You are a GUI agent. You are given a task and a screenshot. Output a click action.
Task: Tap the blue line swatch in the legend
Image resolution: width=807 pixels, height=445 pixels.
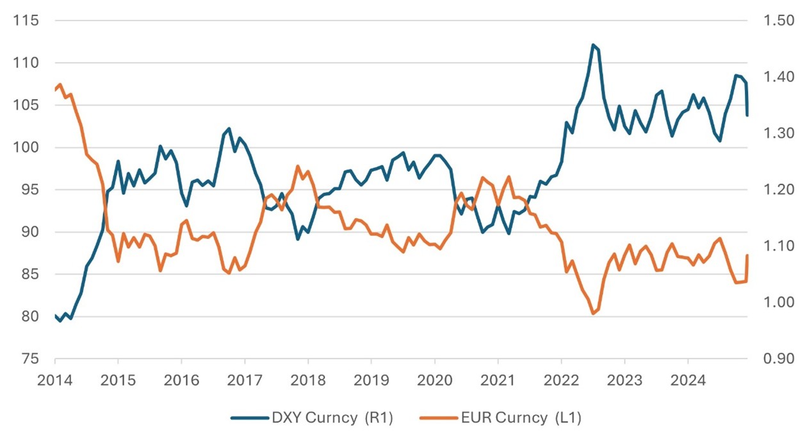click(x=249, y=418)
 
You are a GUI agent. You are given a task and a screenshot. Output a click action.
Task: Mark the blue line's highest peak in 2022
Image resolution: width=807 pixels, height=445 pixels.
click(x=593, y=45)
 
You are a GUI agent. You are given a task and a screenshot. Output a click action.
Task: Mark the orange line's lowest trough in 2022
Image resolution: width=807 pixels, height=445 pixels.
click(x=593, y=314)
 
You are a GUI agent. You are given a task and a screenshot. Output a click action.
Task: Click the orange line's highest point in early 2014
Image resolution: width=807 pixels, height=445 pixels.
click(x=60, y=85)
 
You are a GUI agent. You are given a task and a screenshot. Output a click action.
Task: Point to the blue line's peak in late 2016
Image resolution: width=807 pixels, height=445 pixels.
click(x=229, y=129)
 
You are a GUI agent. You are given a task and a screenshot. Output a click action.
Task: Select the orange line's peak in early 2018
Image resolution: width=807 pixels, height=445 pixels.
click(x=298, y=166)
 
